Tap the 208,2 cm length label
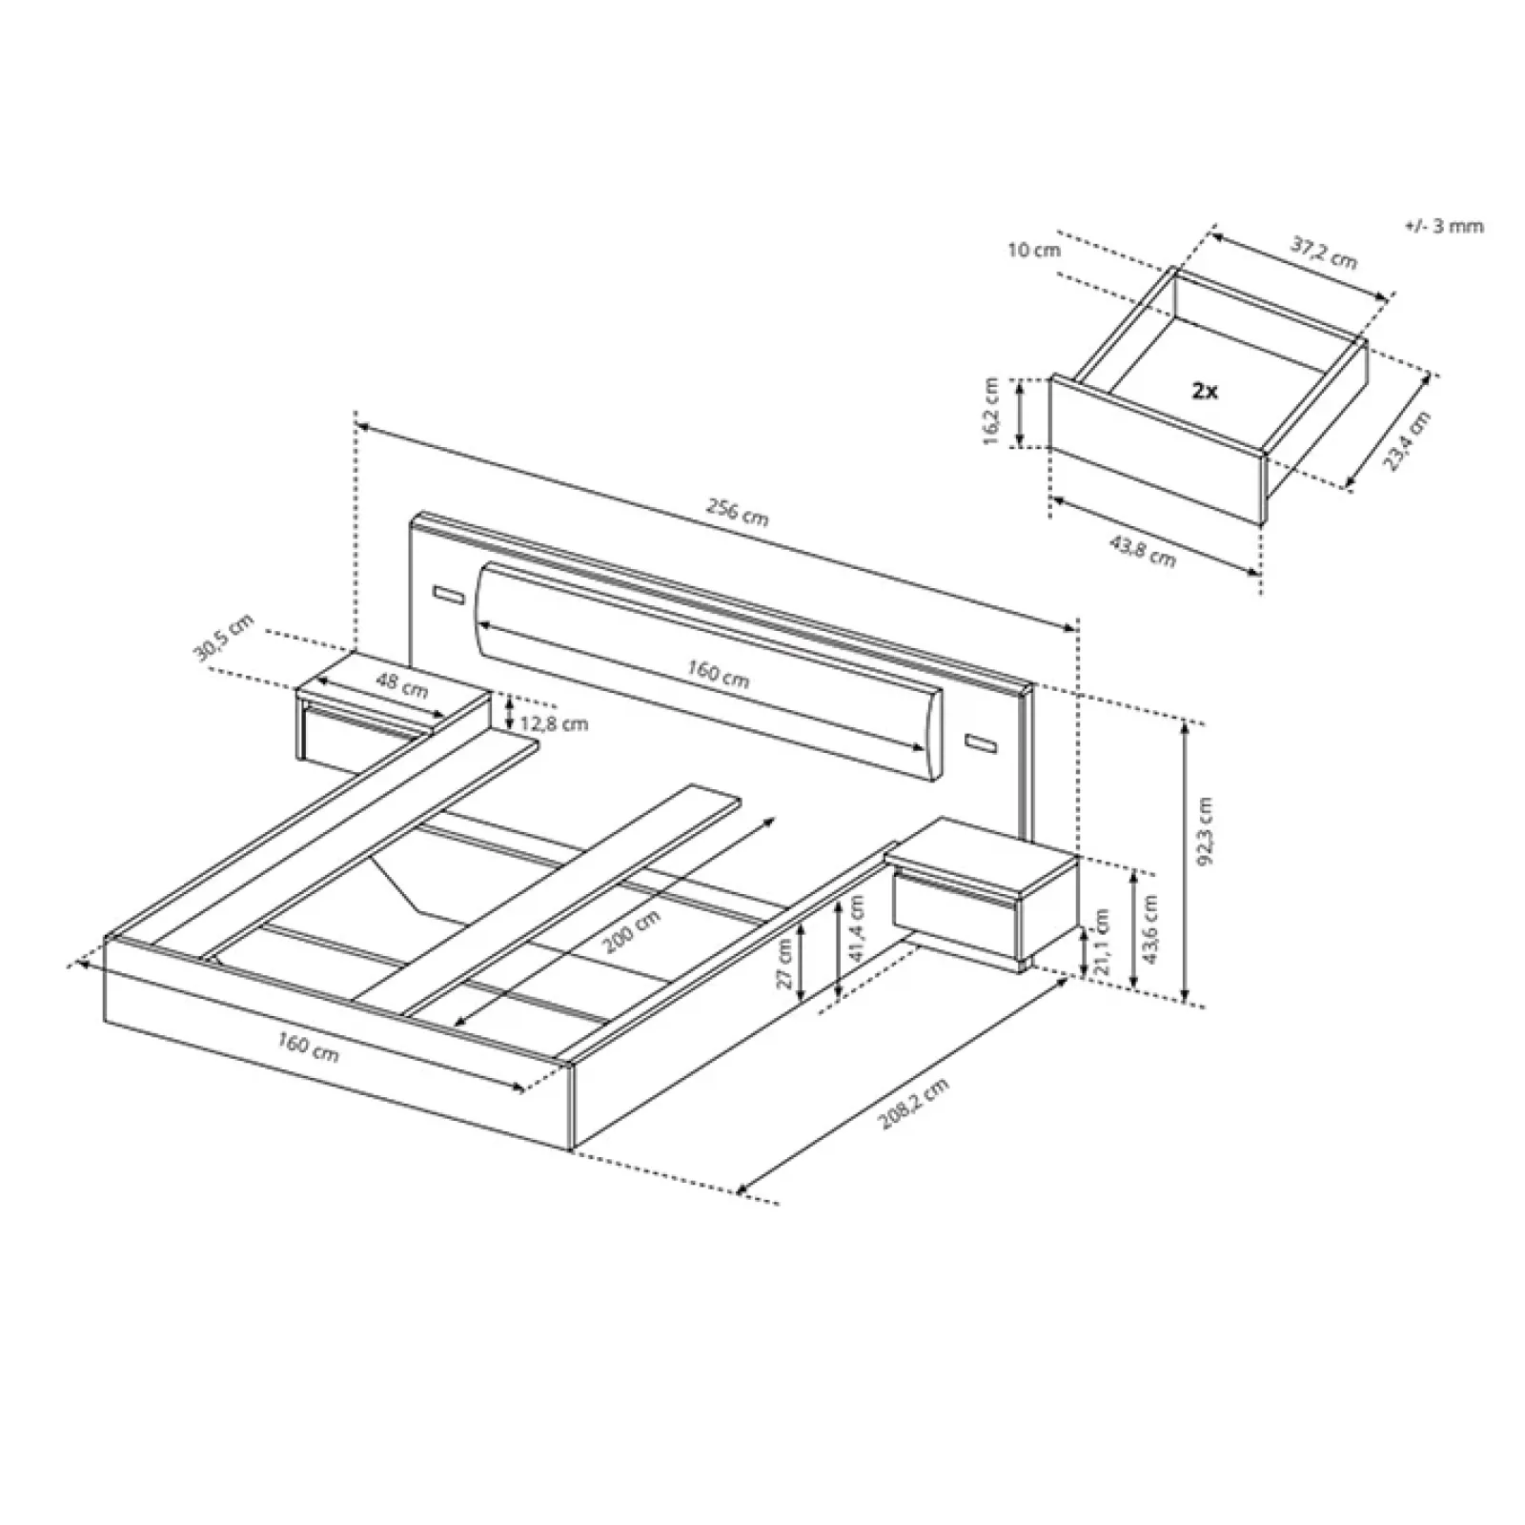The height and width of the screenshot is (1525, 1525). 915,1104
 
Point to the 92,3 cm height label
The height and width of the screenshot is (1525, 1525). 1208,830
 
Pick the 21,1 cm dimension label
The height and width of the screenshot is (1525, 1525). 1104,940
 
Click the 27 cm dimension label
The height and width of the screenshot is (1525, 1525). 785,963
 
